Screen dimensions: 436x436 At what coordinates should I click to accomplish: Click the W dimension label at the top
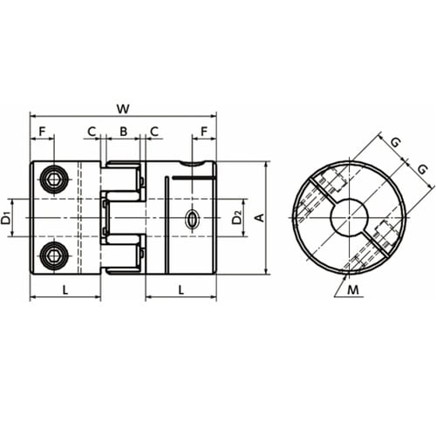123,109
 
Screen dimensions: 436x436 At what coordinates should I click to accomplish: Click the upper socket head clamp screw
54,181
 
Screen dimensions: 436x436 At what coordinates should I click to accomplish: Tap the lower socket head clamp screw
54,255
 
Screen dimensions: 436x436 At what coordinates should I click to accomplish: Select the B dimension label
123,132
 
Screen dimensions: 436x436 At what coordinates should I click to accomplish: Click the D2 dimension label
237,218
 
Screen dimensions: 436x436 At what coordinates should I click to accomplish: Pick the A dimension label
260,217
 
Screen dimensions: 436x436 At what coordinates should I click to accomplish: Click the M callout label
353,290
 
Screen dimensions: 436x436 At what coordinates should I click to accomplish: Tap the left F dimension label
43,132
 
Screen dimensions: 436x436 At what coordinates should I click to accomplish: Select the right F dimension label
204,132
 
